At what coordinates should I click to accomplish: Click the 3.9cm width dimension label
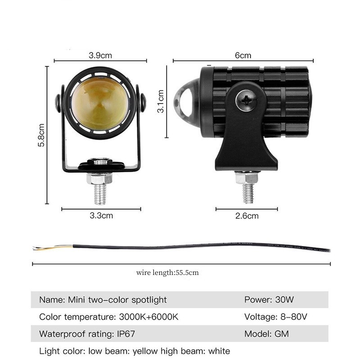(100, 55)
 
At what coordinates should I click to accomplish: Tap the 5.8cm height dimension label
(41, 135)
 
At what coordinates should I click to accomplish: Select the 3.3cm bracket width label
(101, 216)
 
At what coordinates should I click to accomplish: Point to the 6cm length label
(243, 55)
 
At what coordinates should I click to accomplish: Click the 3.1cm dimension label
(161, 101)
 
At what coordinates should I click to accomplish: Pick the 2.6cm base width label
(247, 216)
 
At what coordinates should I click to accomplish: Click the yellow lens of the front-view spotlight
(100, 103)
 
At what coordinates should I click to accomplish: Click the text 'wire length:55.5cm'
(167, 273)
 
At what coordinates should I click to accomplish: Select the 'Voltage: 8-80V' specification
(275, 317)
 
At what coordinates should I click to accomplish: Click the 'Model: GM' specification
(266, 334)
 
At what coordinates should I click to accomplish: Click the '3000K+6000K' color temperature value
(148, 317)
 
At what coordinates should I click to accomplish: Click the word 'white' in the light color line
(219, 351)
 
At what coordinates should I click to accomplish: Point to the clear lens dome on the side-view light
(185, 97)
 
